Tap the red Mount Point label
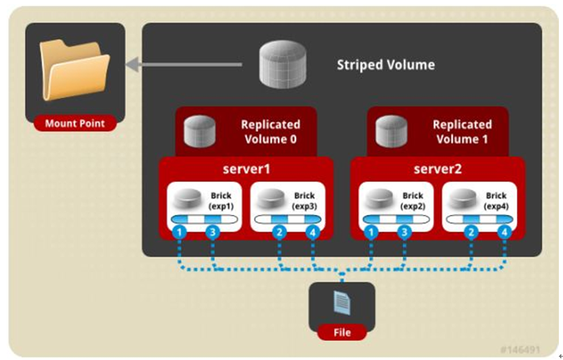click(x=74, y=124)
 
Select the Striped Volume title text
click(x=385, y=64)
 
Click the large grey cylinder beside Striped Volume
click(x=280, y=63)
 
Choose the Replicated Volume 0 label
click(x=269, y=132)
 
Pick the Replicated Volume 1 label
click(x=461, y=132)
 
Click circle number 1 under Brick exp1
click(x=178, y=232)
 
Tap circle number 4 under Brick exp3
click(x=313, y=232)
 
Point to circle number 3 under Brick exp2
click(x=404, y=232)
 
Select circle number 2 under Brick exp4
click(x=471, y=232)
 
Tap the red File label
click(x=341, y=332)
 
